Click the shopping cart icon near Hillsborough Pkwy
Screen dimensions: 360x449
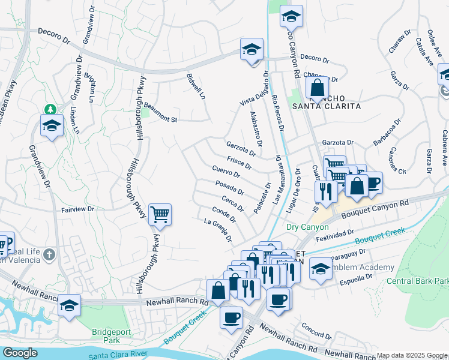pyautogui.click(x=160, y=214)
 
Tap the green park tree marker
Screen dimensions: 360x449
pyautogui.click(x=50, y=109)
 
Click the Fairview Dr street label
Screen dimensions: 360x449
pyautogui.click(x=78, y=209)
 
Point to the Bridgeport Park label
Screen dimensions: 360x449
pyautogui.click(x=110, y=335)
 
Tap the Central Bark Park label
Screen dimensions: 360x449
pyautogui.click(x=417, y=281)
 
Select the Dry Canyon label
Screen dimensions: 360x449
pyautogui.click(x=307, y=227)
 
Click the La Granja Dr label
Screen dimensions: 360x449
pyautogui.click(x=218, y=230)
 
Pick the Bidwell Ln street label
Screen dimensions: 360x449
pyautogui.click(x=196, y=88)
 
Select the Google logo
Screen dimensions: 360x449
pyautogui.click(x=20, y=353)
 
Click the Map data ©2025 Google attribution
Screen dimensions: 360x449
pyautogui.click(x=411, y=355)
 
